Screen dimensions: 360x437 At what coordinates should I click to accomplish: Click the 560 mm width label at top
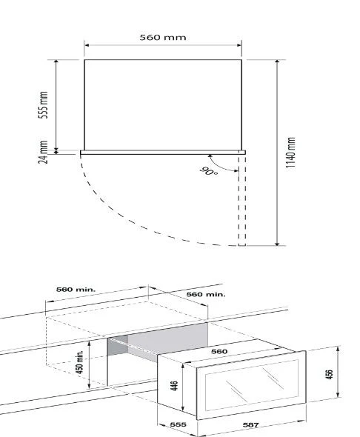tap(163, 37)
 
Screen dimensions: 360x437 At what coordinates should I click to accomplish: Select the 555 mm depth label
tap(43, 104)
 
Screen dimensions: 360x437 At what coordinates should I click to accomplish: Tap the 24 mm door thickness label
tap(43, 152)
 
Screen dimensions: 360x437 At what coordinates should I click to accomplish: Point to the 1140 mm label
tap(290, 153)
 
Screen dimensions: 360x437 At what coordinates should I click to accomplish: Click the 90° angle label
tap(209, 171)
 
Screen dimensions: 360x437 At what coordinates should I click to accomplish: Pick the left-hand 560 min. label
tap(76, 290)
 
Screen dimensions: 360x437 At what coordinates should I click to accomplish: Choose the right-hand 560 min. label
tap(206, 294)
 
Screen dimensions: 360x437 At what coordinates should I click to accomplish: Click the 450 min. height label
tap(79, 362)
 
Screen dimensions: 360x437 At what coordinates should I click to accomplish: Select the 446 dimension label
tap(174, 386)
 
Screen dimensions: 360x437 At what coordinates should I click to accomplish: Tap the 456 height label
tap(329, 374)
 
